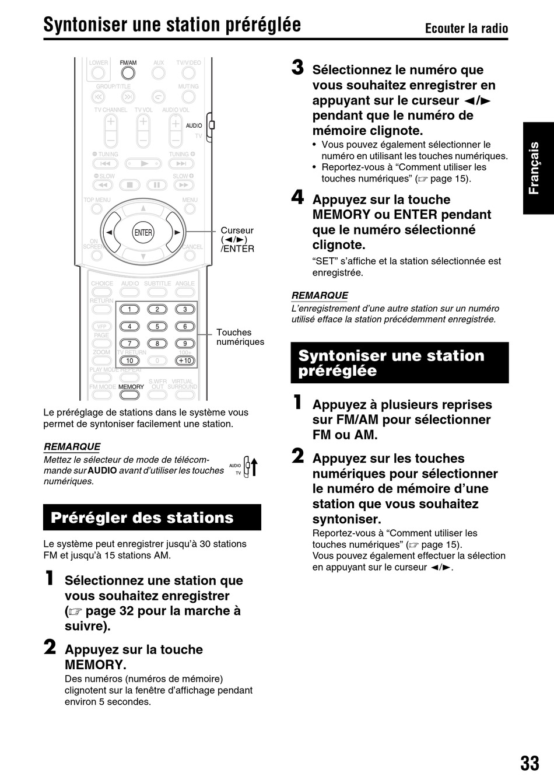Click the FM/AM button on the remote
[128, 73]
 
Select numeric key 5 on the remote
[157, 327]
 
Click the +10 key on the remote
[185, 361]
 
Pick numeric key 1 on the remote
[129, 309]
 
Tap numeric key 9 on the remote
[185, 344]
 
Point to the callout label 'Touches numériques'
[240, 337]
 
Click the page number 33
[530, 763]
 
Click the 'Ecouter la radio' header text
[466, 29]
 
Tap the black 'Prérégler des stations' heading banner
[152, 518]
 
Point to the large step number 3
[297, 68]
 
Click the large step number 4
[297, 198]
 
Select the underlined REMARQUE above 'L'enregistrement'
[320, 296]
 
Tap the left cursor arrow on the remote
[110, 232]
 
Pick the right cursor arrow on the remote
[176, 232]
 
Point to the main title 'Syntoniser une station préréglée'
[172, 25]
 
